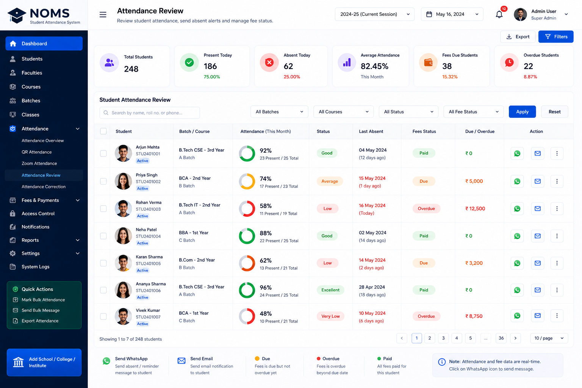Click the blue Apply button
(522, 112)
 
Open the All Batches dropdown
(279, 112)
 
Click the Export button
(518, 37)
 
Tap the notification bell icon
(499, 14)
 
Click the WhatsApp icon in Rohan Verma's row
(517, 209)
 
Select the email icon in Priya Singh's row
(538, 181)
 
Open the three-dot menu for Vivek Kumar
(557, 316)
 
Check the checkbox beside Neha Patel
(103, 236)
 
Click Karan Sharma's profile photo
(123, 263)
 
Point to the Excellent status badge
(330, 290)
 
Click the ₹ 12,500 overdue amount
(475, 209)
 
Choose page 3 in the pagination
(443, 338)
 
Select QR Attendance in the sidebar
(37, 152)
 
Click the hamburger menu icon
(103, 14)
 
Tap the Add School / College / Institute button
(44, 362)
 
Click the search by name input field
(150, 113)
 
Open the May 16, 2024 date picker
(452, 14)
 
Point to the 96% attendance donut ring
(247, 283)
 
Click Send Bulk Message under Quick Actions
(41, 310)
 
